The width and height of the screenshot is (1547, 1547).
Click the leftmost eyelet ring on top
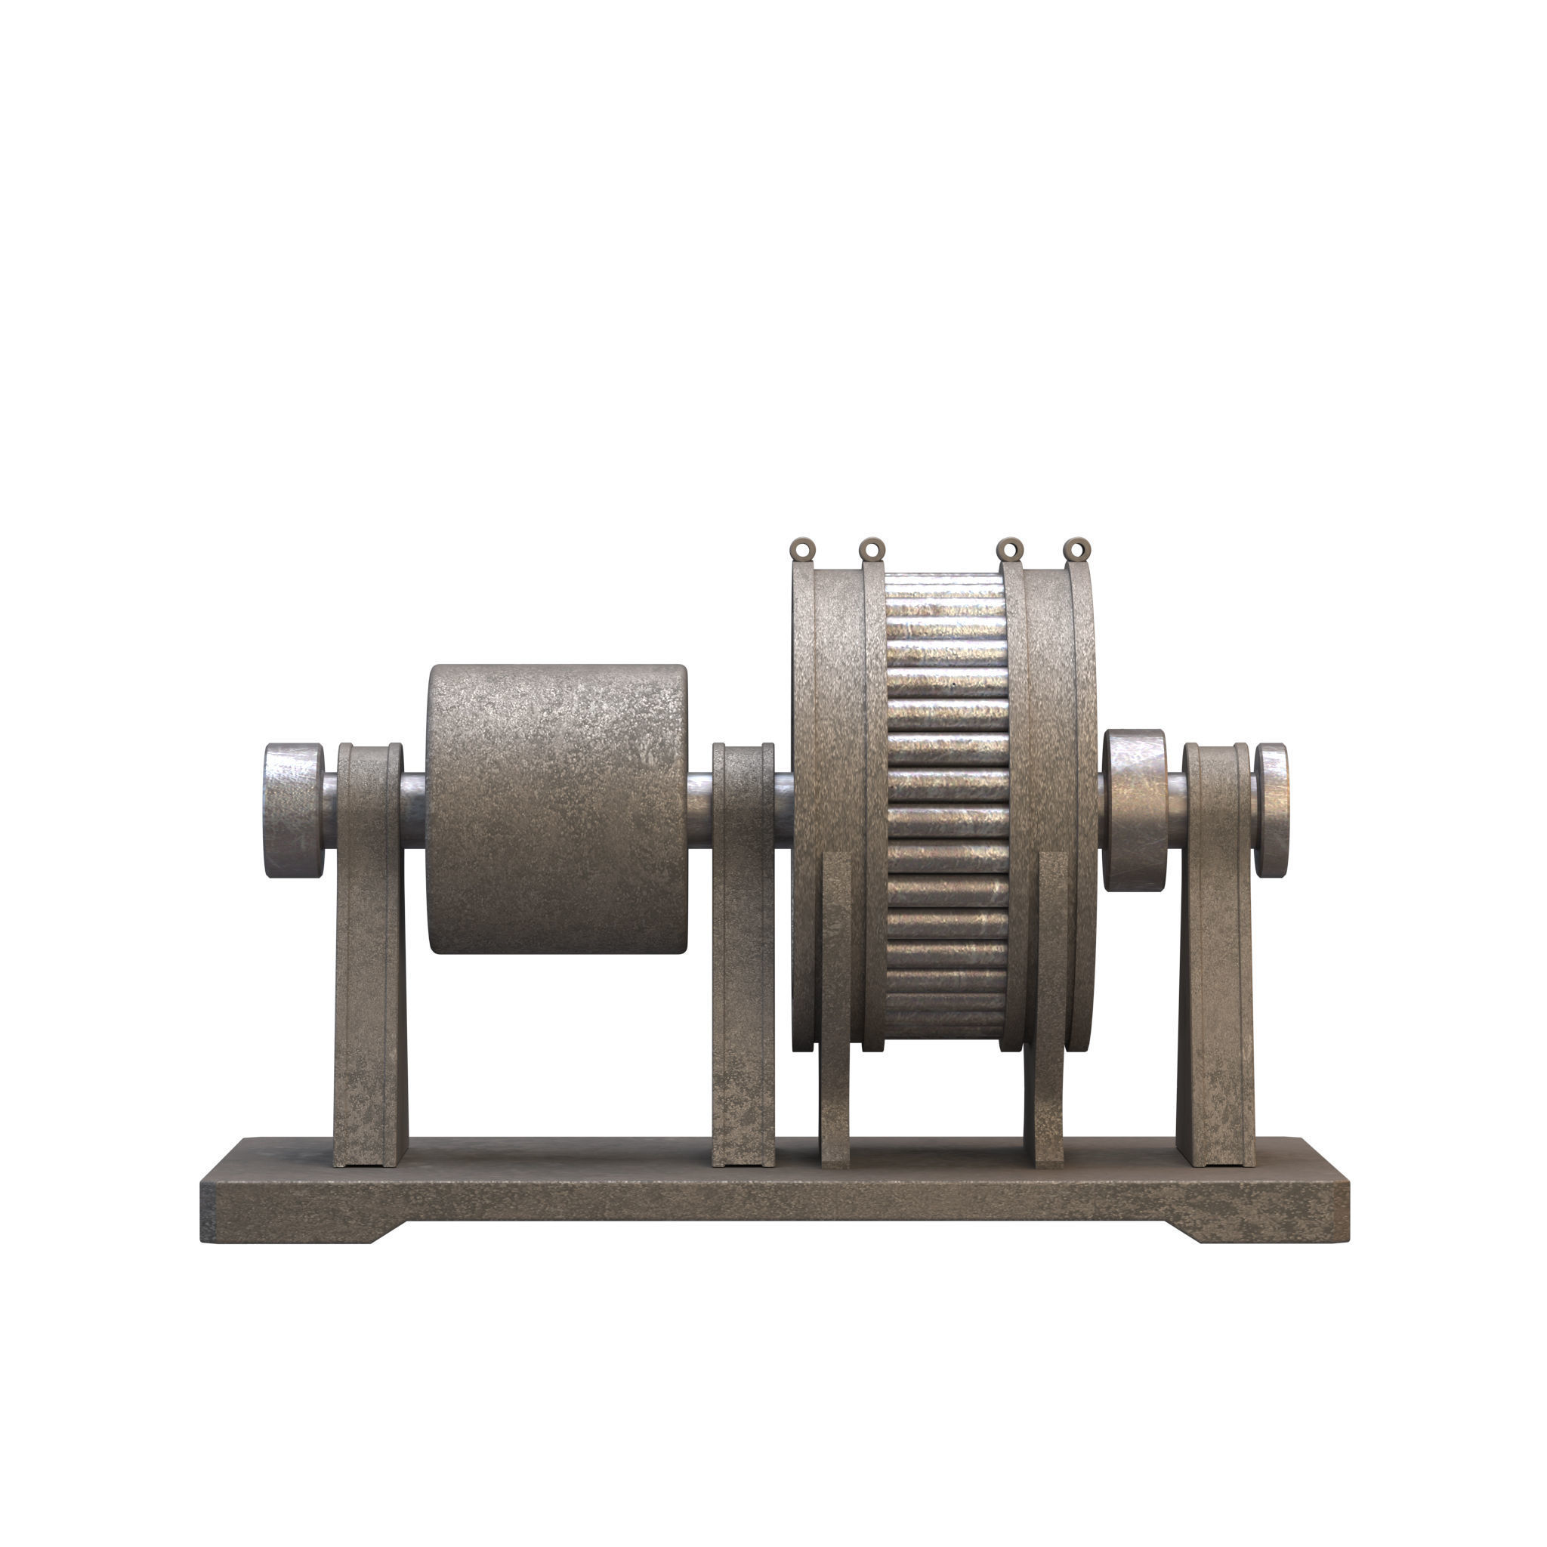pyautogui.click(x=802, y=549)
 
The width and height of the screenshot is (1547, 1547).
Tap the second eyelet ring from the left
pyautogui.click(x=872, y=549)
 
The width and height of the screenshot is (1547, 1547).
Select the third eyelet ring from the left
pyautogui.click(x=1011, y=549)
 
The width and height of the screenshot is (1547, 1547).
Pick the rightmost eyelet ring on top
pyautogui.click(x=1078, y=549)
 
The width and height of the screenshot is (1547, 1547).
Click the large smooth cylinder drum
pyautogui.click(x=557, y=809)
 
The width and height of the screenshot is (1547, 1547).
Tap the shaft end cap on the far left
pyautogui.click(x=293, y=810)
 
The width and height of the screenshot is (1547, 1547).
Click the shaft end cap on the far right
pyautogui.click(x=1271, y=810)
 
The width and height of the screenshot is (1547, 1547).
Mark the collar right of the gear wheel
pyautogui.click(x=1134, y=810)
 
